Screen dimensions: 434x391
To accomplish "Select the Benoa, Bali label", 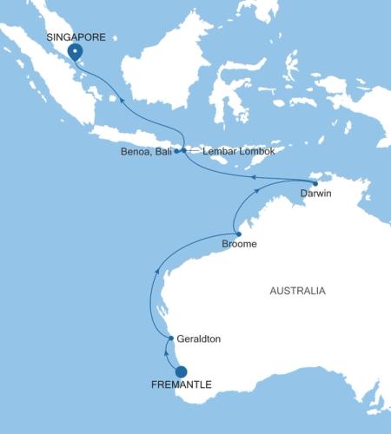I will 146,151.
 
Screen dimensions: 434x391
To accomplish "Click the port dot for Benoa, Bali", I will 176,151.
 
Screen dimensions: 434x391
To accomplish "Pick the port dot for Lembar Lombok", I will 183,150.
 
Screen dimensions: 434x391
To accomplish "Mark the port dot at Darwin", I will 315,183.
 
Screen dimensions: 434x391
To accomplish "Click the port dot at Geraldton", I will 171,338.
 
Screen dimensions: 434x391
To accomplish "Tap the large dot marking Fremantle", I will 181,372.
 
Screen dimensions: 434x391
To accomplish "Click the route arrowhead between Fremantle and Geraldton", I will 166,351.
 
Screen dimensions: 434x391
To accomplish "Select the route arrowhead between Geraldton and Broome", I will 156,272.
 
